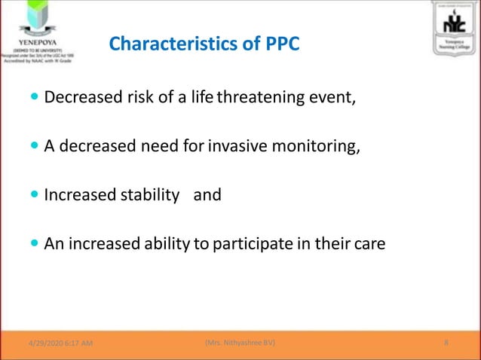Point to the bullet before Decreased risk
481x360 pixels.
point(35,97)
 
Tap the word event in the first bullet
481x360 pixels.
point(332,97)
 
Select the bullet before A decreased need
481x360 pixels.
point(35,146)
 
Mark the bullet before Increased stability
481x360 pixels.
point(35,195)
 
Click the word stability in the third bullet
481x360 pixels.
point(149,195)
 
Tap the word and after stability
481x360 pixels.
point(207,195)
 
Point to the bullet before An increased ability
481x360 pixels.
point(35,243)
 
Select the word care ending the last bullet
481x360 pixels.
point(369,243)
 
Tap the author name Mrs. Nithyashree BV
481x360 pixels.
point(240,343)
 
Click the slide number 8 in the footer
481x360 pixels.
point(446,343)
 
